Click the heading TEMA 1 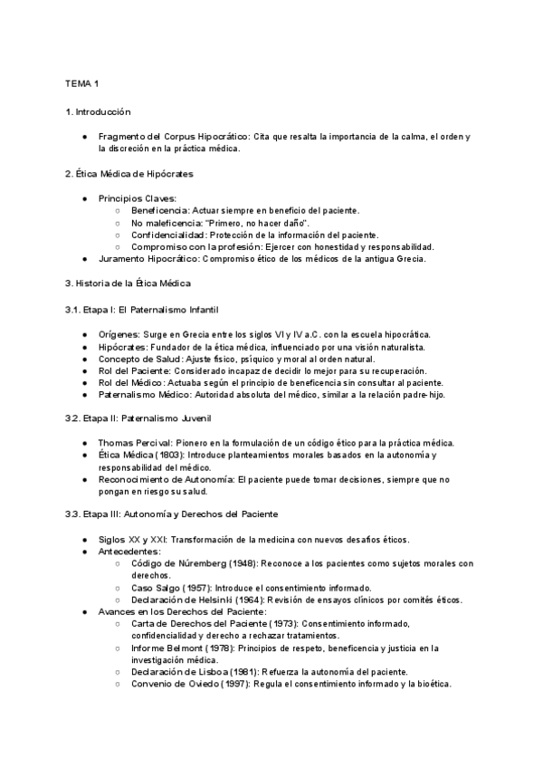pos(81,83)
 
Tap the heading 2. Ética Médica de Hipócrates pos(129,173)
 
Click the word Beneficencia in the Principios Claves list pos(160,210)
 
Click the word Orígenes pos(119,333)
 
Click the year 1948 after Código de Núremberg pos(243,563)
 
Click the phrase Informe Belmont pos(169,648)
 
